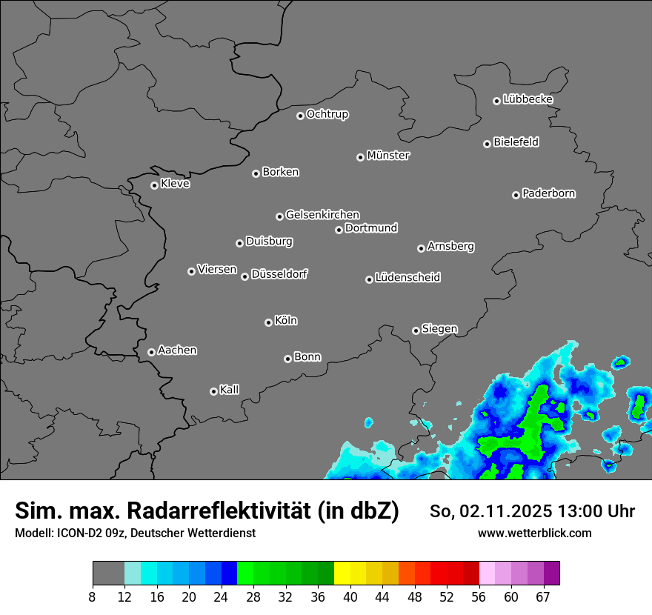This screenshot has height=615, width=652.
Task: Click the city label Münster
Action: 388,156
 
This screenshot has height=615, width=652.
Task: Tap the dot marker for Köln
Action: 268,322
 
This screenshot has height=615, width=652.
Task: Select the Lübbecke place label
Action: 528,99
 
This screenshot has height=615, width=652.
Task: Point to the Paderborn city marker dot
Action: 516,195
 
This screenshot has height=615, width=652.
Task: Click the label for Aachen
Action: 177,350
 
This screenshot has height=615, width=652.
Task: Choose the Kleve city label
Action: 175,184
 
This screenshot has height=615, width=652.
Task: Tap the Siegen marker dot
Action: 416,330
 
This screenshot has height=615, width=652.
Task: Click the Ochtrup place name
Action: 327,114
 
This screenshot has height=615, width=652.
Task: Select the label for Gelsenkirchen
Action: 322,215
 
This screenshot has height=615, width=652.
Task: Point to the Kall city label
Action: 229,390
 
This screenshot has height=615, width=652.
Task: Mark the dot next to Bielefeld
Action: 487,144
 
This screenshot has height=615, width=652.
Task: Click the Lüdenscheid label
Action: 408,278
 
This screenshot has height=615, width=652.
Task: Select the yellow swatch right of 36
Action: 342,574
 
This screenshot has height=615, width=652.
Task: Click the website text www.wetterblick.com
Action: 534,533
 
